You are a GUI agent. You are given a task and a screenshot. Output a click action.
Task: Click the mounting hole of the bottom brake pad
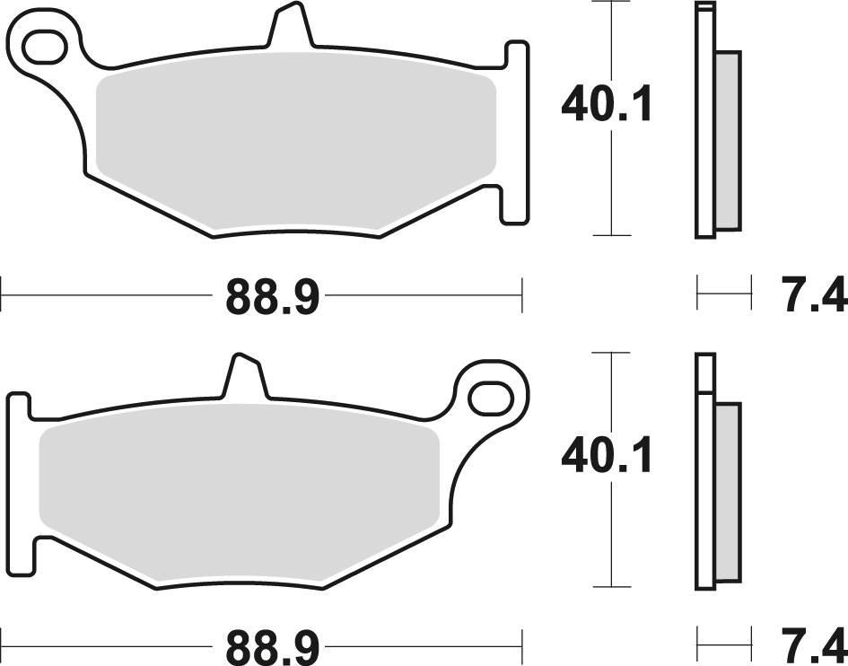point(490,395)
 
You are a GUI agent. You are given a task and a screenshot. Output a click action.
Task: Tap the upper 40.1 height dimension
point(608,106)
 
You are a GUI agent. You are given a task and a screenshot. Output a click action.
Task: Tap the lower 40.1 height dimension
point(608,457)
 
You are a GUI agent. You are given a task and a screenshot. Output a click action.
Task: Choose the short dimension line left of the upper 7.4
point(723,293)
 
